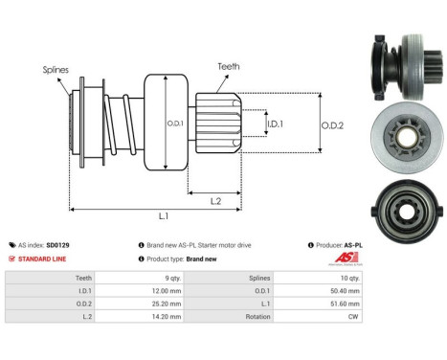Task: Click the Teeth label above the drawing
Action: click(x=229, y=66)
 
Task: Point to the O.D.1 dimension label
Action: click(x=175, y=123)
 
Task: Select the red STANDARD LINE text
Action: click(x=47, y=259)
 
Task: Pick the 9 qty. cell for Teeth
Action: click(x=164, y=278)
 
